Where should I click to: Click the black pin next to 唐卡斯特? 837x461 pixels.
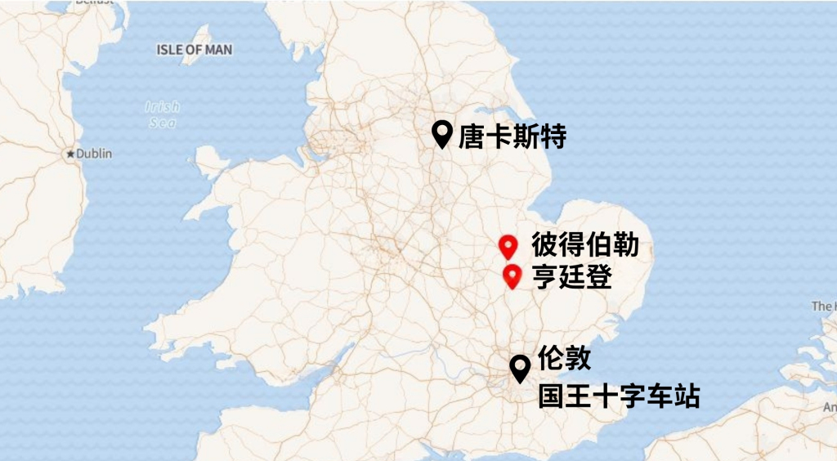tap(442, 132)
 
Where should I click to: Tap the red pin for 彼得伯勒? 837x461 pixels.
tap(508, 245)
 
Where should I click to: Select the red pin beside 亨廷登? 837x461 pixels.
tap(512, 275)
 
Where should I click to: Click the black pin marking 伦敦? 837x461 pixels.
tap(519, 368)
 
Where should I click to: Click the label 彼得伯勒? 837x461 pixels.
tap(584, 245)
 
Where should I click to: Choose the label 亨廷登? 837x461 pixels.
tap(571, 278)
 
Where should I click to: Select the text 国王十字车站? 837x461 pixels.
tap(619, 397)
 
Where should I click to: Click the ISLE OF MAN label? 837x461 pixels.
tap(194, 50)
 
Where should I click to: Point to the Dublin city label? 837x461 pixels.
tap(94, 154)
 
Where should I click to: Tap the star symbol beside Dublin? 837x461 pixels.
tap(71, 154)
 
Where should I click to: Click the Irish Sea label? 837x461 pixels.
tap(163, 114)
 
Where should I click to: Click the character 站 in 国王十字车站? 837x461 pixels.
tap(687, 397)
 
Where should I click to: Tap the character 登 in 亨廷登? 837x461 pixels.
tap(598, 278)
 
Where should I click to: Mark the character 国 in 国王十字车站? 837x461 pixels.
tap(551, 397)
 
